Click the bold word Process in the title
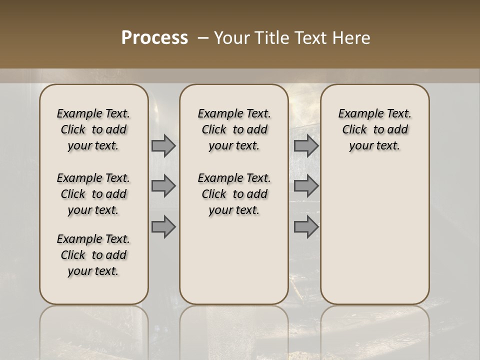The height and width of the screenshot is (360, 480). coord(154,38)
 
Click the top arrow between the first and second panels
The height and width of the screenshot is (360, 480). coord(163,145)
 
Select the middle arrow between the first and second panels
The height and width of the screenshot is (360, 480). coord(163,186)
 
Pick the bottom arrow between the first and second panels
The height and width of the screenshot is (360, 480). coord(163,226)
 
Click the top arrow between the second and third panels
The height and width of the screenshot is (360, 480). coord(306,145)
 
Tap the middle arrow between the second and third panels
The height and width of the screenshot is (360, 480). coord(306,186)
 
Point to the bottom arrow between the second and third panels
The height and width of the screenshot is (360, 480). coord(306,226)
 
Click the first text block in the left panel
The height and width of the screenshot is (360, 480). coord(93,129)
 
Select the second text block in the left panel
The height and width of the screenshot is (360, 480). coord(93,194)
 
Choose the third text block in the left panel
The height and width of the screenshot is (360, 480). coord(93,255)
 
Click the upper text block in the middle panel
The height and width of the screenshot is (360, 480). coord(234,129)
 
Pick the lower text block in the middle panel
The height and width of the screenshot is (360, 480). coord(234,194)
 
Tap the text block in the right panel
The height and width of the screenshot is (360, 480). coord(374,129)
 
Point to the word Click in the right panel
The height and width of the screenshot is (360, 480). coord(354,129)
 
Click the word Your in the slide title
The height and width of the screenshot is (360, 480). coord(230,38)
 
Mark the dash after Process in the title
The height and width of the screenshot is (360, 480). coord(203,38)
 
